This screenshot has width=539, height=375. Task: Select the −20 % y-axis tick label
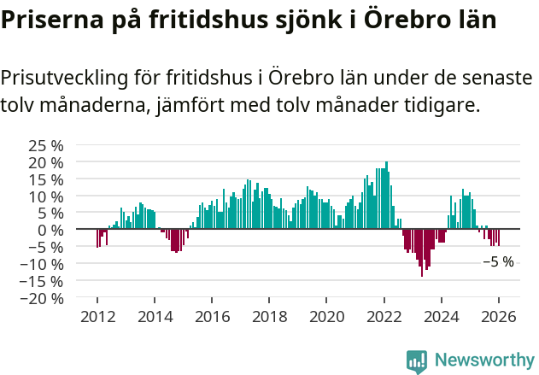41,299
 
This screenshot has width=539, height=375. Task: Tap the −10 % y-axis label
41,264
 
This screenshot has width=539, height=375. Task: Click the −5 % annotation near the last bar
498,262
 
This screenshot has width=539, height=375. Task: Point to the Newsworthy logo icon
417,361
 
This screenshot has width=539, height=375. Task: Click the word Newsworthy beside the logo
483,360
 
